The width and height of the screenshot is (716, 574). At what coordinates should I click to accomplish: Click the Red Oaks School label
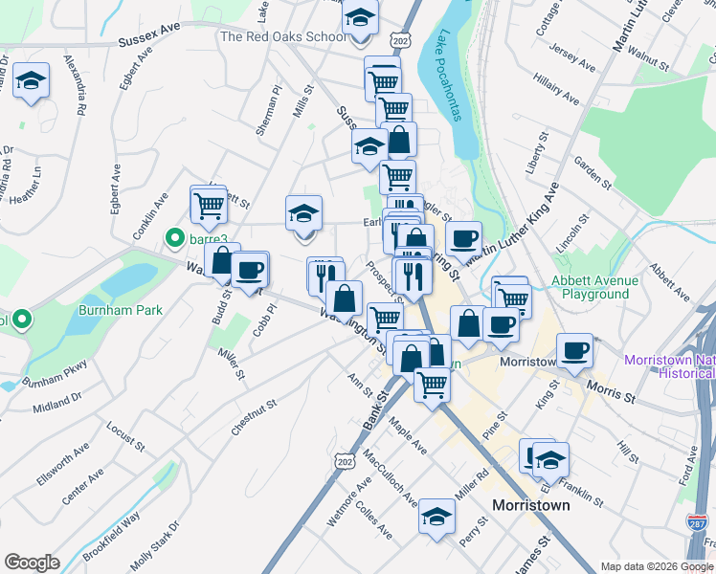pos(283,37)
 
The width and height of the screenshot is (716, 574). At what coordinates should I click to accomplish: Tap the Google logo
pos(32,563)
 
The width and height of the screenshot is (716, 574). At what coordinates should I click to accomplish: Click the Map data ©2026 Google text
pos(657,566)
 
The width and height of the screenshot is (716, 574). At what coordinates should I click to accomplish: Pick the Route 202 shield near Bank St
pos(346,462)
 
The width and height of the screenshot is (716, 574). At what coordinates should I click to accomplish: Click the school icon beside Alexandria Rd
pos(32,82)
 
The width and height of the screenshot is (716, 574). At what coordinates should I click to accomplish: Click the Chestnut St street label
pos(254,418)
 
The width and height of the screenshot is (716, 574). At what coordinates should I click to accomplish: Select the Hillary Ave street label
pos(558,92)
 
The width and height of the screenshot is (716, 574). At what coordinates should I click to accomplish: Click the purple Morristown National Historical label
pos(668,366)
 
